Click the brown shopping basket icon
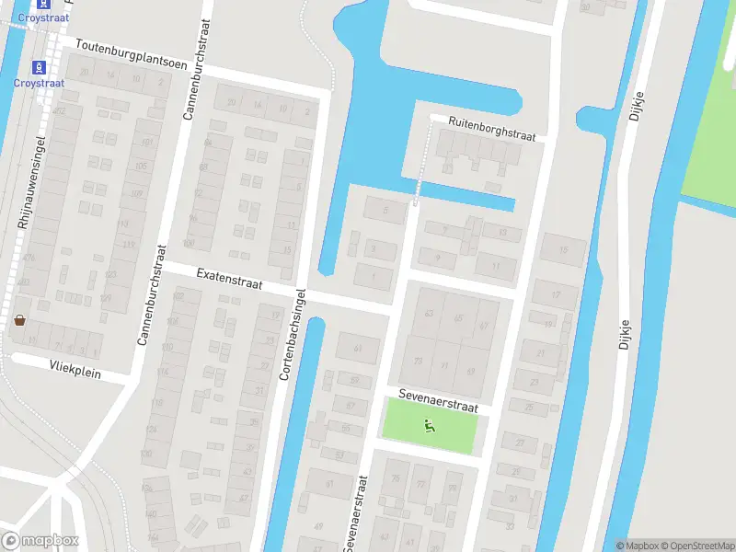pos(19,320)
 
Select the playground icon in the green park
pos(428,425)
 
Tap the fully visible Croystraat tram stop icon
pos(39,67)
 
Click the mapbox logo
pos(40,541)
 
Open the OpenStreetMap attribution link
pos(696,546)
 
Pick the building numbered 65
pos(458,317)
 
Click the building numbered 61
pos(358,348)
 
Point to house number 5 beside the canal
pos(385,210)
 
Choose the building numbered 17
pos(556,294)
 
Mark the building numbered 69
pos(470,372)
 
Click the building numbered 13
pos(501,233)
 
